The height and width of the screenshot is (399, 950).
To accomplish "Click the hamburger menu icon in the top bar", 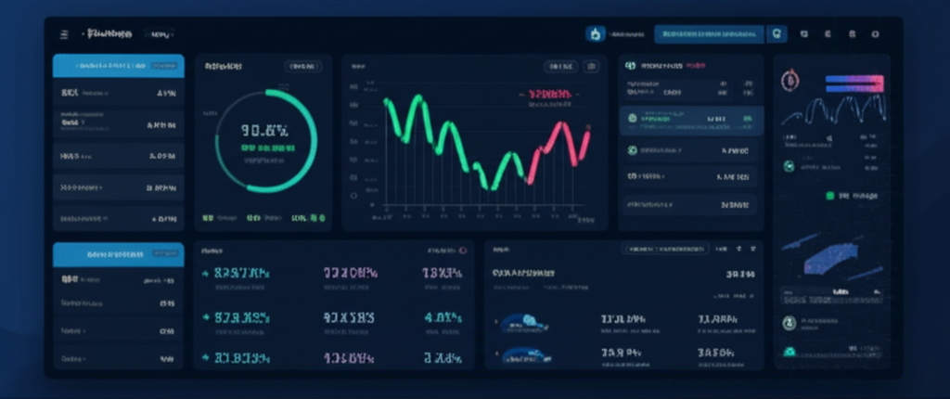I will point(64,34).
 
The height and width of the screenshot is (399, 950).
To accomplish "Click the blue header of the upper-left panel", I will point(118,66).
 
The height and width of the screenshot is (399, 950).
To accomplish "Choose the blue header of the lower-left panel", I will point(118,253).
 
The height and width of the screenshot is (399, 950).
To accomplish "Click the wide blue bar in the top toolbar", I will point(709,34).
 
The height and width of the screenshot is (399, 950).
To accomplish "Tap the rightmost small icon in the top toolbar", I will point(875,34).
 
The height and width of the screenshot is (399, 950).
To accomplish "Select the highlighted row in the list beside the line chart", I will point(691,119).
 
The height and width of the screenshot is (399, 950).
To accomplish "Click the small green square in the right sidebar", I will point(830,196).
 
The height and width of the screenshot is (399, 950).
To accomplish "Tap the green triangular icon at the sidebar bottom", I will point(790,352).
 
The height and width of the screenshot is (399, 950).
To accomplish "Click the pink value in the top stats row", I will point(350,273).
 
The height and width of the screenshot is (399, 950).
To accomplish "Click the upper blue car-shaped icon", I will point(525,321).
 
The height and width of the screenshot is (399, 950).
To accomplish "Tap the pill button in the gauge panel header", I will point(302,67).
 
